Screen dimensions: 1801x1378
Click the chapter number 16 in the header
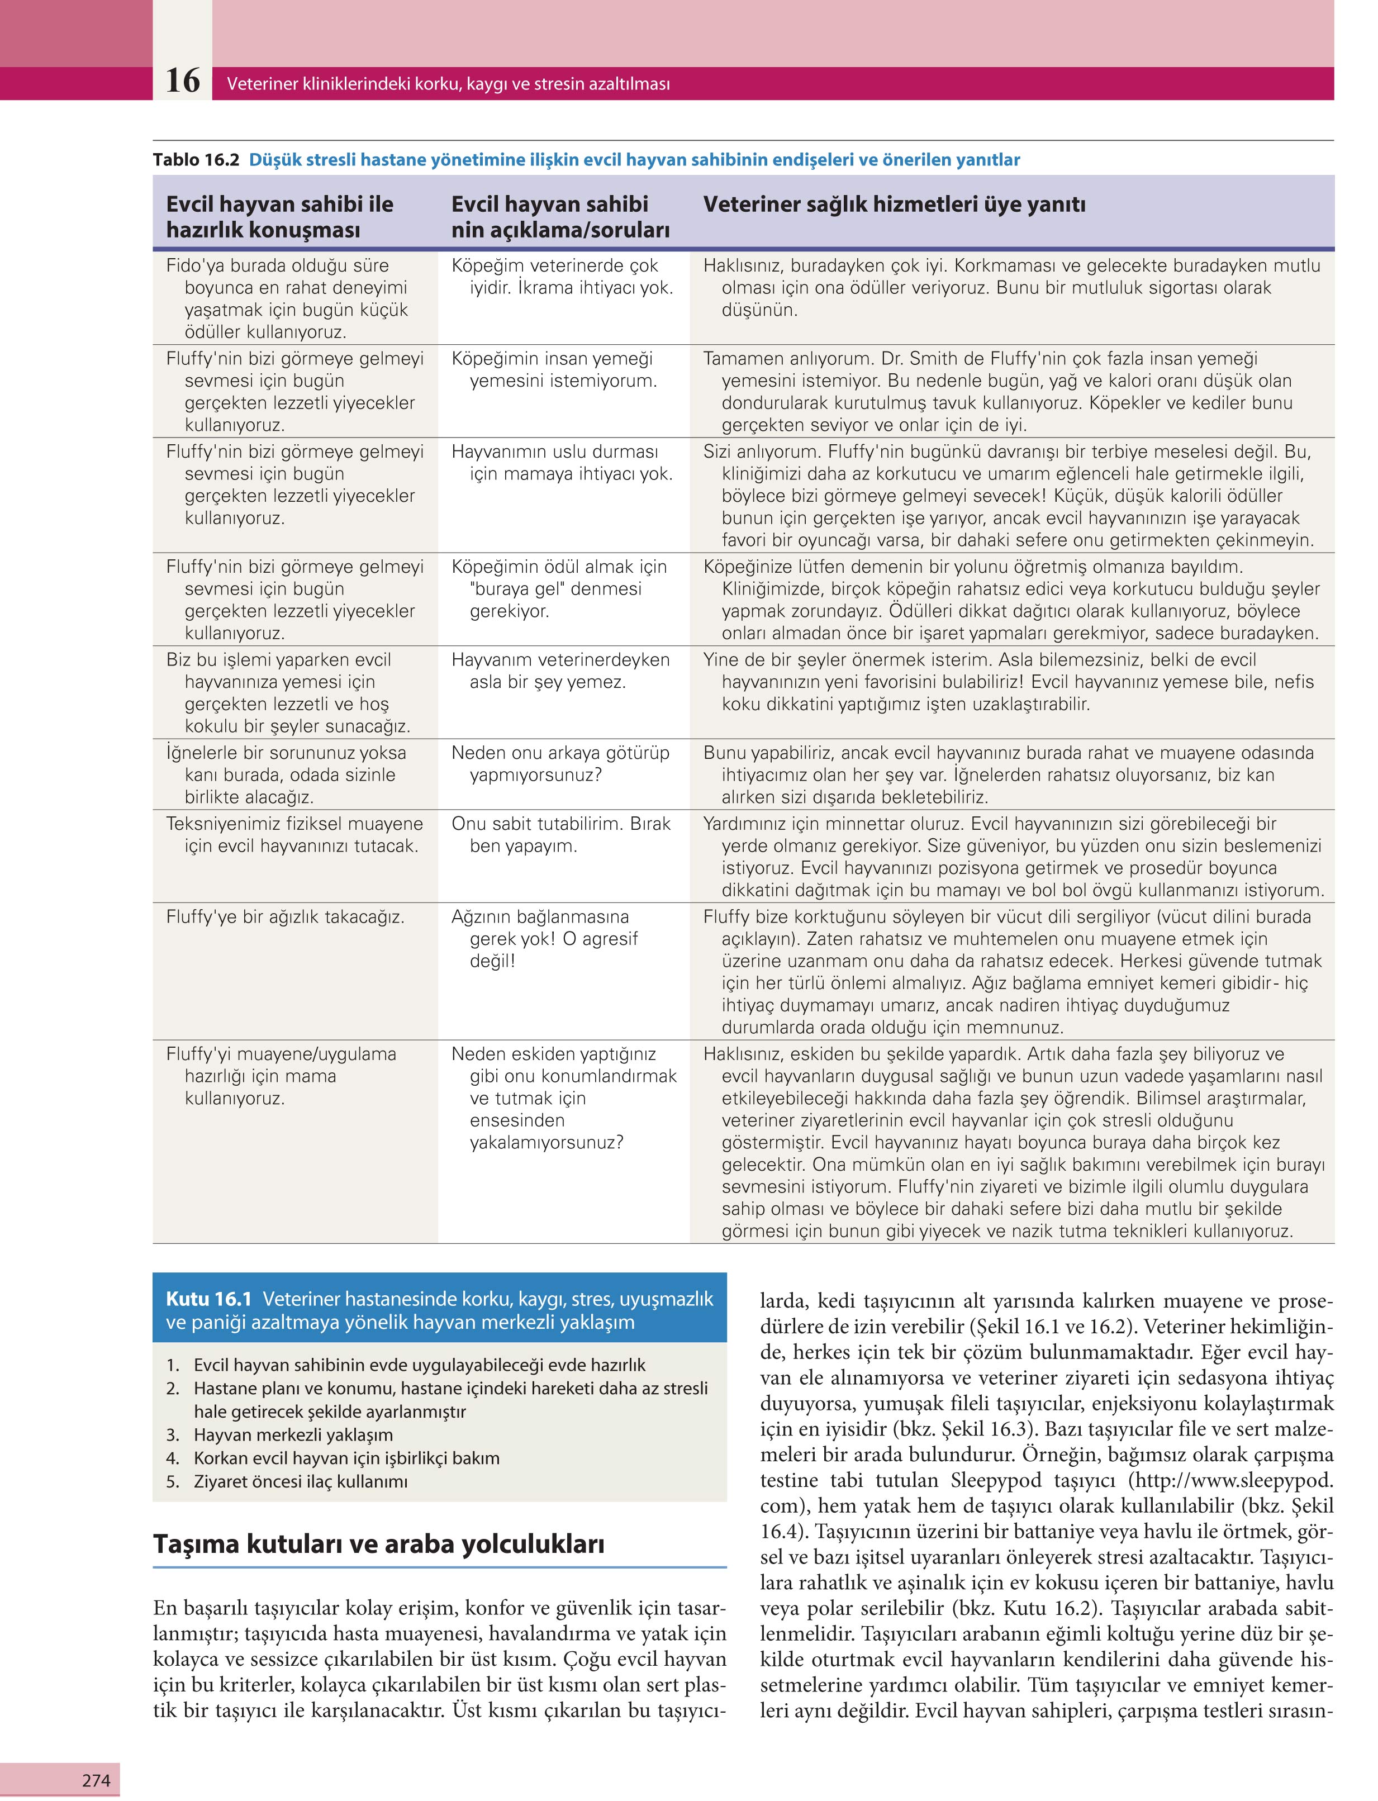coord(182,81)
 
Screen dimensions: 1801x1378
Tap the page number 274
coord(96,1780)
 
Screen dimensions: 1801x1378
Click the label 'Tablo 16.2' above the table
coord(195,160)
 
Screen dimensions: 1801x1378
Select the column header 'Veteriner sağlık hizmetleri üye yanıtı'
coord(894,204)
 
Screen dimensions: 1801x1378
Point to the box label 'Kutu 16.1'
coord(208,1299)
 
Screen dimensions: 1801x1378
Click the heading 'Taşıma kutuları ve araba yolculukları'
coord(378,1543)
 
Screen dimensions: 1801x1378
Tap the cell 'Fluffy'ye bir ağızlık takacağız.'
coord(284,917)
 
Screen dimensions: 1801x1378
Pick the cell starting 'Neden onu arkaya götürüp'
coord(560,763)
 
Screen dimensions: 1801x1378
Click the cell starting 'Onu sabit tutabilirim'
coord(560,835)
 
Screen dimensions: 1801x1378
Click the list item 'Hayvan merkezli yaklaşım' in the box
coord(293,1435)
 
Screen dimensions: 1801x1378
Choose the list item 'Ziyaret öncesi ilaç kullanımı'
coord(300,1481)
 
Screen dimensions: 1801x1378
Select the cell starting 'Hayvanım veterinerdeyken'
coord(560,671)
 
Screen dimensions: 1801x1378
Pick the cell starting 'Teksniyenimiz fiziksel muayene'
coord(293,835)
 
